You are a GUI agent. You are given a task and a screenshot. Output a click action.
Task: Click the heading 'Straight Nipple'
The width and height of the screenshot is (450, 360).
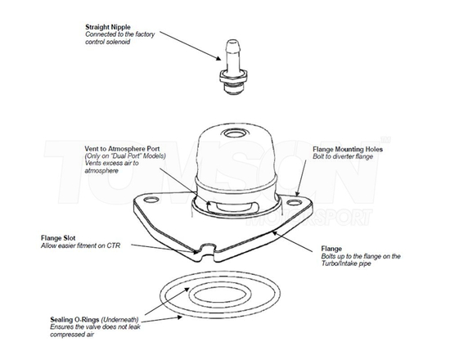108,27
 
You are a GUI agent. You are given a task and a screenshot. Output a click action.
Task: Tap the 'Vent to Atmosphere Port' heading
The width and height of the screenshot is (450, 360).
122,149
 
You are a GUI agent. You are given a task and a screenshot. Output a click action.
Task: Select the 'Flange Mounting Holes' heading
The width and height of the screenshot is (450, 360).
348,149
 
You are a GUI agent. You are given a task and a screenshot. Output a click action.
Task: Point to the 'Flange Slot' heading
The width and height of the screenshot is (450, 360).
58,238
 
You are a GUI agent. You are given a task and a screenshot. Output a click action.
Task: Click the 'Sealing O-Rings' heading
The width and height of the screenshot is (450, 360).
74,320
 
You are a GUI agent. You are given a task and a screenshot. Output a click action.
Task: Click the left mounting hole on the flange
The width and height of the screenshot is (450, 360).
151,200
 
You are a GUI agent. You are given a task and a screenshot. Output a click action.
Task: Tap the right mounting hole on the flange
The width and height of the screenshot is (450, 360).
293,203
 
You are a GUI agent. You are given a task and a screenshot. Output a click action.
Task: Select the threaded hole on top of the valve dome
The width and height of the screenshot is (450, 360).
234,133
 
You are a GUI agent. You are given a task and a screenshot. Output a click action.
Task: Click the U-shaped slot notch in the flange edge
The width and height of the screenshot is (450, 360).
207,250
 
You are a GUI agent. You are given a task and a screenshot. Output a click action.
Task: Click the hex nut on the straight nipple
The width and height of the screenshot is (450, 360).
233,76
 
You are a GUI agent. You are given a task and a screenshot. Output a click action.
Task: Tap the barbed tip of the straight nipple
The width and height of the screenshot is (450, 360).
232,45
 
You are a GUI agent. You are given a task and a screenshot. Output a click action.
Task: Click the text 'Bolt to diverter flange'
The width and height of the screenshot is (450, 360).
343,157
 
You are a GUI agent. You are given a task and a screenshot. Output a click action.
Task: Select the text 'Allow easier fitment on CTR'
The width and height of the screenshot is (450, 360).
81,245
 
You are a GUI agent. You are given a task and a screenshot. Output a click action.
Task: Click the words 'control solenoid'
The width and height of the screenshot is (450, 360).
108,42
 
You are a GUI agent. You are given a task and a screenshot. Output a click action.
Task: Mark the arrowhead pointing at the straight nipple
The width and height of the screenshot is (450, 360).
218,58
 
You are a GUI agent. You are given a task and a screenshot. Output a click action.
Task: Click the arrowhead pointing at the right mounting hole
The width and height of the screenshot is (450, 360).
298,193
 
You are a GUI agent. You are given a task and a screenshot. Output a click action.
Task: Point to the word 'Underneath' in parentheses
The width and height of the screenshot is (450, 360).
120,320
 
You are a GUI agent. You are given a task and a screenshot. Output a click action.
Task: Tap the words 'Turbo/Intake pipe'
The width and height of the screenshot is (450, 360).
346,263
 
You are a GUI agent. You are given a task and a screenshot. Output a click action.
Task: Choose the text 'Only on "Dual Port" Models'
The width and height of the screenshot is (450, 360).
125,156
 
